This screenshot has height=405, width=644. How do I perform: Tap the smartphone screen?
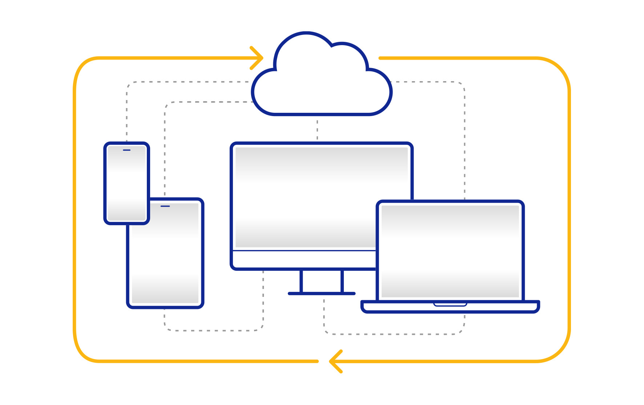126,184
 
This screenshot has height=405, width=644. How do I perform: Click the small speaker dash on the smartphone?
126,150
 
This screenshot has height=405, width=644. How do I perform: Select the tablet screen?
165,255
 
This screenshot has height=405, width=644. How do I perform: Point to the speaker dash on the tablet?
165,206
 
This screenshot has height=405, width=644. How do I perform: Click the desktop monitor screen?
305,196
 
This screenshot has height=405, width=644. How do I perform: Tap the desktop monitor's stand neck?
322,281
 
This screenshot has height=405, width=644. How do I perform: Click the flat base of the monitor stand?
322,293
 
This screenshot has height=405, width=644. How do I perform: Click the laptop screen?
450,251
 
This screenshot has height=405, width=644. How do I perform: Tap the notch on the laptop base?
450,304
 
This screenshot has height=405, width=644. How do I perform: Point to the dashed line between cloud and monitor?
317,129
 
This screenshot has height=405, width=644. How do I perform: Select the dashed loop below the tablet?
214,330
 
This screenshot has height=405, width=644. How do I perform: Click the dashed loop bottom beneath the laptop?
394,334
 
